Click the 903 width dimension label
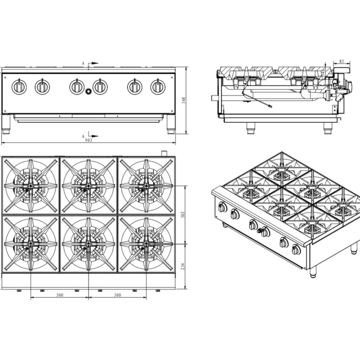(x=89, y=140)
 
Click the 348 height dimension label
(x=184, y=100)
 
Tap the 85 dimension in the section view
(x=342, y=61)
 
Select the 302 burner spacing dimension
(x=183, y=215)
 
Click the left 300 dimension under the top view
(x=60, y=295)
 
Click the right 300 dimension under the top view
(x=118, y=295)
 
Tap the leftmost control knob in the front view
(x=19, y=87)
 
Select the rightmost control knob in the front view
(x=158, y=87)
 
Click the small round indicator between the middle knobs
(x=88, y=91)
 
